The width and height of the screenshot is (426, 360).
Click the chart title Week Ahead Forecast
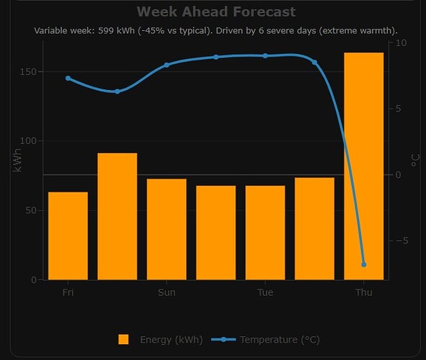(216, 12)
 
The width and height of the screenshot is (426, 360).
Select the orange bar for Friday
(68, 235)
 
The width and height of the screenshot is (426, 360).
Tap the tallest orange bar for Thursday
(363, 166)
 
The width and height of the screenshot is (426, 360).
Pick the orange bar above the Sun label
(167, 229)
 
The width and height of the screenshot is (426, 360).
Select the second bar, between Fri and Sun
(117, 216)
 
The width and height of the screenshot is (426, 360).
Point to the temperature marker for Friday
(68, 78)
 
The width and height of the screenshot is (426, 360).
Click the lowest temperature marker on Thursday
(364, 264)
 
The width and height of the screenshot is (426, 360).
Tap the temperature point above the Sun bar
(167, 65)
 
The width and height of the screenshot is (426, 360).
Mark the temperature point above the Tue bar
(265, 55)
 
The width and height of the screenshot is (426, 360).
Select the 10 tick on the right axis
(401, 43)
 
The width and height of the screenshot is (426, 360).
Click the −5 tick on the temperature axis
(401, 240)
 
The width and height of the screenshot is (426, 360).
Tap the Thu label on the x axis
(364, 292)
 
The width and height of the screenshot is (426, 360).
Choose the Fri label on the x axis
(68, 292)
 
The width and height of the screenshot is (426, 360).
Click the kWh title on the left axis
(17, 159)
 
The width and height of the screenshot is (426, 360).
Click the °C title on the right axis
(415, 159)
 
